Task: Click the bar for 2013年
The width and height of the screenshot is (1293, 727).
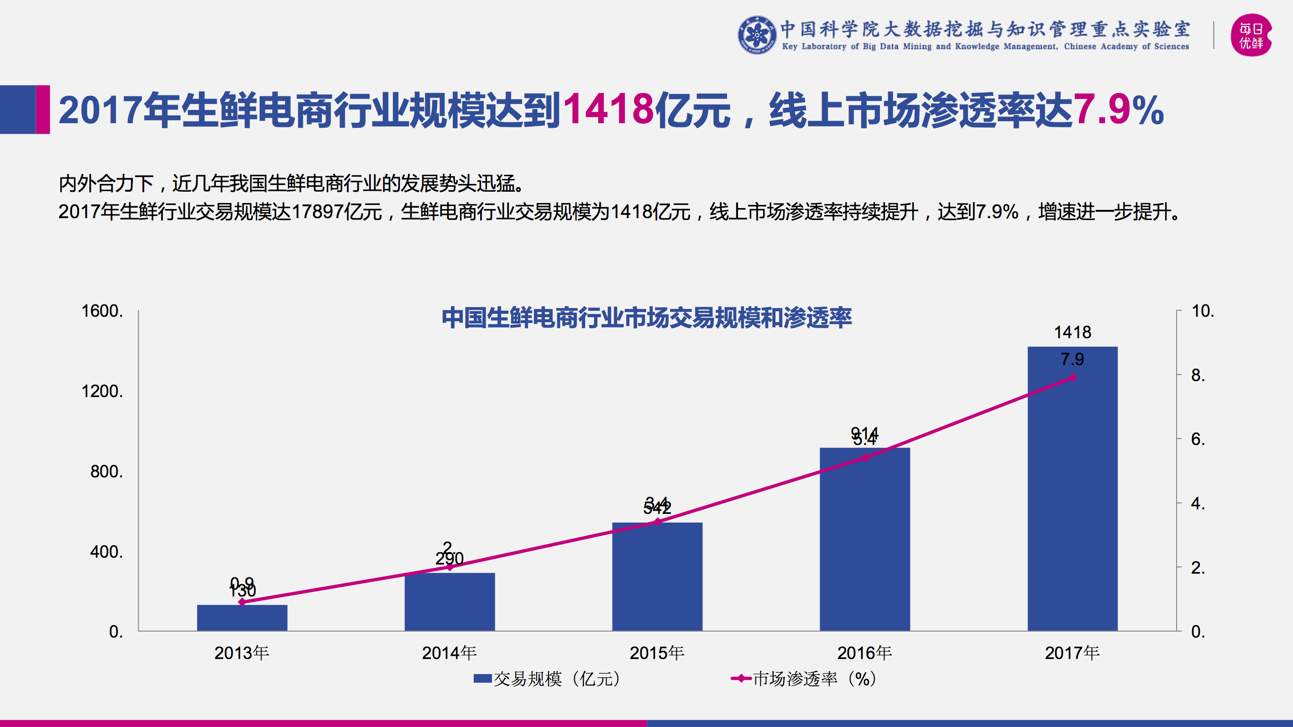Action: [x=242, y=618]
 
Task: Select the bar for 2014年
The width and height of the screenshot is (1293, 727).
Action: [x=450, y=602]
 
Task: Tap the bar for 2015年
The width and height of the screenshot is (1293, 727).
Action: [x=657, y=577]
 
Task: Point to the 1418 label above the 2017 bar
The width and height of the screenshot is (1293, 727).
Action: [x=1073, y=332]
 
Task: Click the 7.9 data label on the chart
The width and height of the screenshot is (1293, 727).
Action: [x=1073, y=360]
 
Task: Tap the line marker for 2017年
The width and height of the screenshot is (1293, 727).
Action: [x=1073, y=377]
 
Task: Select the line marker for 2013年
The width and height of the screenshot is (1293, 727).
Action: [x=242, y=602]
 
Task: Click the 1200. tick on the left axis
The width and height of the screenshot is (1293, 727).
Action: [x=102, y=391]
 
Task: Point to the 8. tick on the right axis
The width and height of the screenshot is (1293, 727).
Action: [x=1198, y=375]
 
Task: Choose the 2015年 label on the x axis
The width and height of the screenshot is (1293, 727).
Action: [x=657, y=653]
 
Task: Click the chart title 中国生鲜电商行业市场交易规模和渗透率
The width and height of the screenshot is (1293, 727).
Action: [x=646, y=318]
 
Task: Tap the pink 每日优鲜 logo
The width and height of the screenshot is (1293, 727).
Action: [x=1251, y=35]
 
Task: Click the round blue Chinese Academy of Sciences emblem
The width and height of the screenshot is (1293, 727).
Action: [x=757, y=35]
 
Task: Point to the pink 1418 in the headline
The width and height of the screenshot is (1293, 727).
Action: [x=608, y=110]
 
